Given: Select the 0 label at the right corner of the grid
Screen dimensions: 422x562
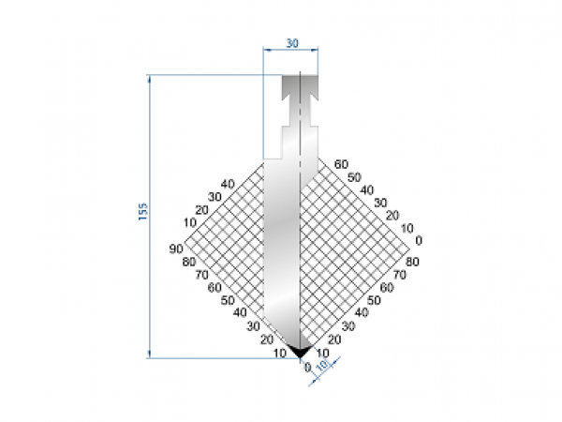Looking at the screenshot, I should pos(419,240).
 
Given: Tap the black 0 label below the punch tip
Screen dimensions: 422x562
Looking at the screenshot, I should pos(306,367).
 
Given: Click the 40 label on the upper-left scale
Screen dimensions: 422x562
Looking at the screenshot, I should pos(228,183).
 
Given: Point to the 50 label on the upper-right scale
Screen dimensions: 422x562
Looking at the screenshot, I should pos(353,176).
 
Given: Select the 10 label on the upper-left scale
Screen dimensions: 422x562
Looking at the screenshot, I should pos(190,222).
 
